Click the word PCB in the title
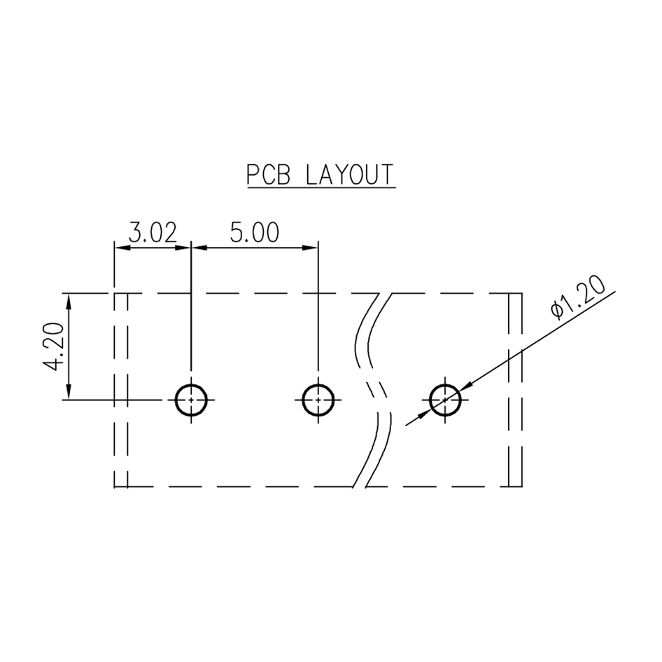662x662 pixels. (x=269, y=174)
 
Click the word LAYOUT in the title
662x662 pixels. (x=350, y=174)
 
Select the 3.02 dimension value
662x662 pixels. (x=153, y=232)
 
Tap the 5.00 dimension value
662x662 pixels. (x=255, y=232)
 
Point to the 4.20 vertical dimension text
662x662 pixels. (x=54, y=346)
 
